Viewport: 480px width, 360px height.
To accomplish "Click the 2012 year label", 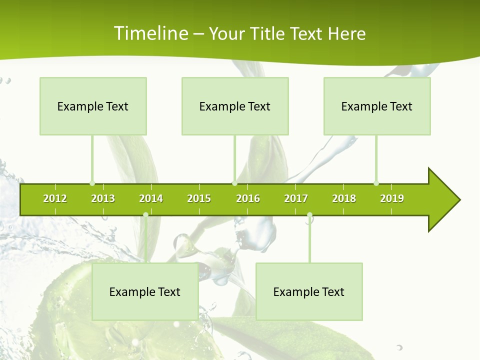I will [55, 198].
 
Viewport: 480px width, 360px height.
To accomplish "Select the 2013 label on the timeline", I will [103, 198].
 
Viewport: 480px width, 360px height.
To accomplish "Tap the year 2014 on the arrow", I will [151, 198].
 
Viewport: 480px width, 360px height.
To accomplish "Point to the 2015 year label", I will [199, 198].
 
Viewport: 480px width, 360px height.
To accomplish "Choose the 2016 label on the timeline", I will [248, 198].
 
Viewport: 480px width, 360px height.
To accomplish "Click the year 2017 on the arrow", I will [296, 198].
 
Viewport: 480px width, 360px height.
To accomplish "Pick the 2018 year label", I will [344, 198].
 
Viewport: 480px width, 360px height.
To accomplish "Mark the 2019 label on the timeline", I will [392, 198].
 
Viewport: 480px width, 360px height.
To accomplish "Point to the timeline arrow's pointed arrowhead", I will [445, 200].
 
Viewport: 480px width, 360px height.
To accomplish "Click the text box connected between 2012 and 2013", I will [93, 106].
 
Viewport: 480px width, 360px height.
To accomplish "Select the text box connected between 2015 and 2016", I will [235, 106].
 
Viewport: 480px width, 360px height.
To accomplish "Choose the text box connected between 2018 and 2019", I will [377, 106].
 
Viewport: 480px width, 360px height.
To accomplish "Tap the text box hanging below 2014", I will [145, 291].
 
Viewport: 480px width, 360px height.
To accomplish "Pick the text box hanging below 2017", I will [309, 291].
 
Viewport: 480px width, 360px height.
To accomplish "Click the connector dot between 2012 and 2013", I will [92, 183].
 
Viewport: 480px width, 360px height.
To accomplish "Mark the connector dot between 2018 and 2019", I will [376, 183].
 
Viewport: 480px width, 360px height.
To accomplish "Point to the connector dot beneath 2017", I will [309, 215].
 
